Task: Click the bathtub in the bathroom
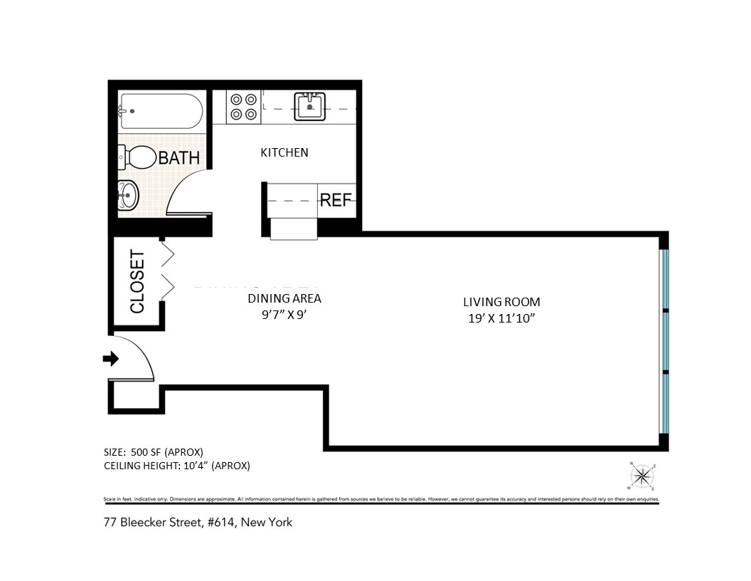pyautogui.click(x=161, y=112)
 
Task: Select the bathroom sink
pyautogui.click(x=128, y=194)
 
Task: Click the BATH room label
pyautogui.click(x=179, y=157)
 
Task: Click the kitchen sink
pyautogui.click(x=310, y=108)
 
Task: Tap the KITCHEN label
pyautogui.click(x=284, y=152)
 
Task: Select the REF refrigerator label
pyautogui.click(x=336, y=200)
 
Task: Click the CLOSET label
pyautogui.click(x=137, y=281)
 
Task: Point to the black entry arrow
pyautogui.click(x=110, y=359)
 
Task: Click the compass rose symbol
pyautogui.click(x=641, y=476)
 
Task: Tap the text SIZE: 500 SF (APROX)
pyautogui.click(x=154, y=451)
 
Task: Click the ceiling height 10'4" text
pyautogui.click(x=176, y=466)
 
